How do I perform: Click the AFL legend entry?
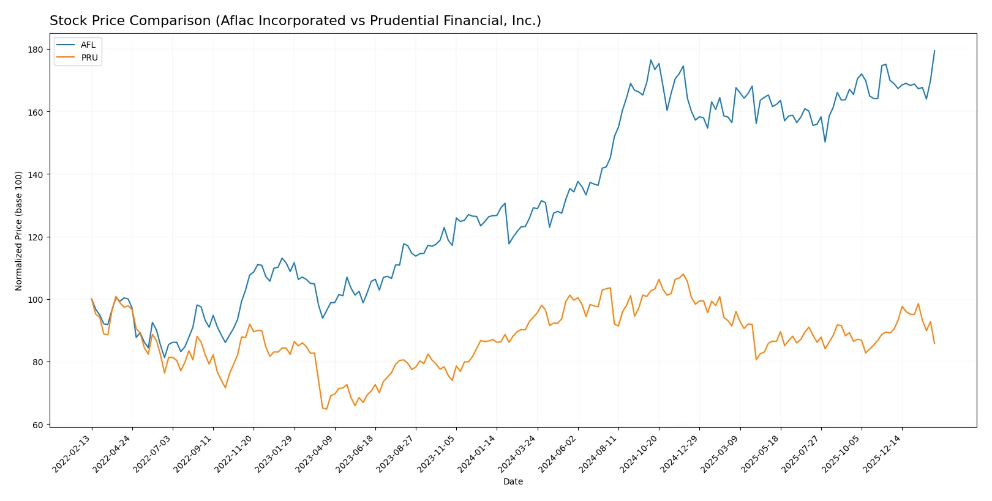(88, 45)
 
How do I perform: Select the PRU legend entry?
(89, 58)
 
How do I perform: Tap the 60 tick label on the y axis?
(38, 425)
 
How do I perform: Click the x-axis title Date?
(513, 482)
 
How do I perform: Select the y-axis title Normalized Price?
(19, 231)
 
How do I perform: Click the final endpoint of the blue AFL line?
(934, 51)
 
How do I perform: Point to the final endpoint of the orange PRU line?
(934, 343)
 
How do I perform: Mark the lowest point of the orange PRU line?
(326, 409)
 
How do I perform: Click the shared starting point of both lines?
(92, 299)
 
